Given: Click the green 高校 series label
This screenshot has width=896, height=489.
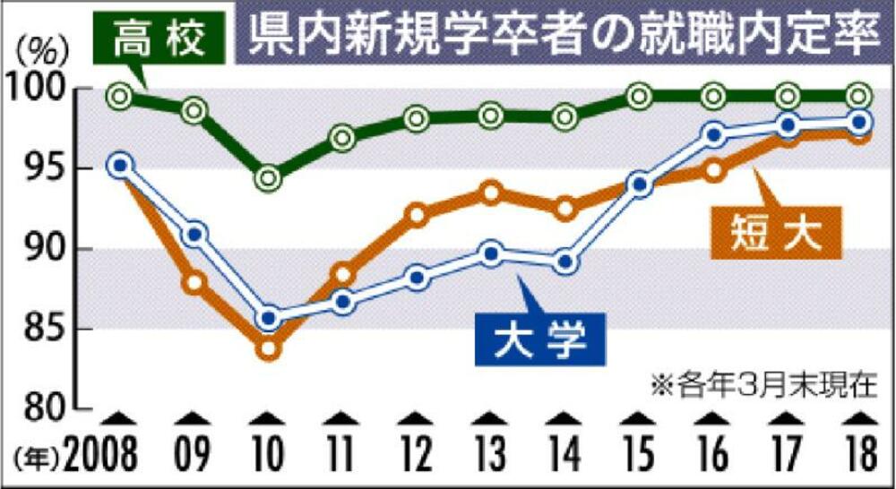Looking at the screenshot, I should pyautogui.click(x=160, y=39).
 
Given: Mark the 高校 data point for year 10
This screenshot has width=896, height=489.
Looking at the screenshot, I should pyautogui.click(x=268, y=178).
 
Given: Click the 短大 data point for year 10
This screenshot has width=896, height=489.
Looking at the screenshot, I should pyautogui.click(x=268, y=348).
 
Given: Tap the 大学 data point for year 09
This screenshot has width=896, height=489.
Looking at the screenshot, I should pyautogui.click(x=195, y=236).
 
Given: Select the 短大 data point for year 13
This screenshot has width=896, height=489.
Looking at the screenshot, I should pyautogui.click(x=490, y=193).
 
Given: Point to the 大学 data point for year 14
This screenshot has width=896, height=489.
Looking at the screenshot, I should pyautogui.click(x=565, y=263).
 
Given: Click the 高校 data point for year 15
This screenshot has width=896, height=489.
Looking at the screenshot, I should pyautogui.click(x=639, y=96).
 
